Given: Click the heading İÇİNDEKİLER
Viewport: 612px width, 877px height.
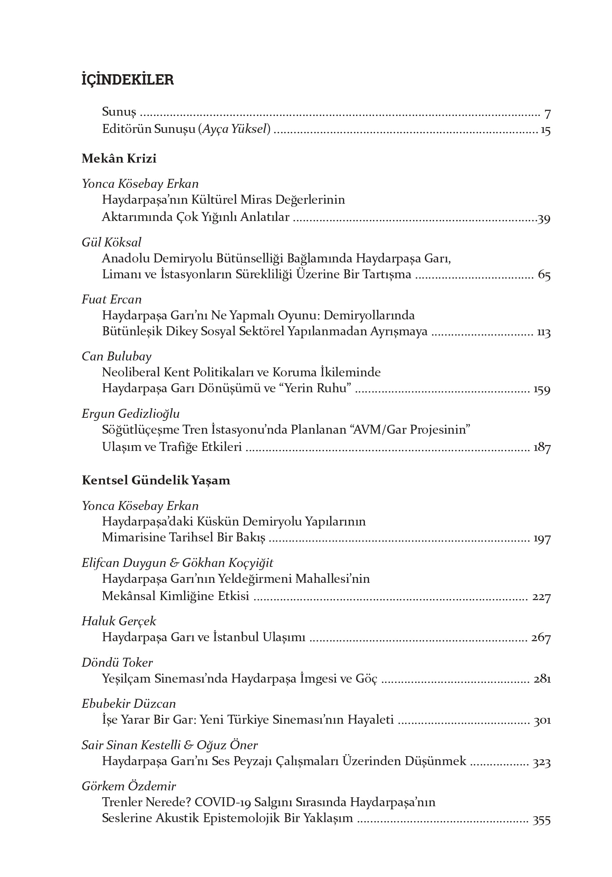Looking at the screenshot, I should [x=127, y=80].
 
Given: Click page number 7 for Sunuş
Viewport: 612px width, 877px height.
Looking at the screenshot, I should [x=547, y=114].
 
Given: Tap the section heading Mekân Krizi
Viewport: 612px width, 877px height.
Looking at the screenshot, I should [x=119, y=158].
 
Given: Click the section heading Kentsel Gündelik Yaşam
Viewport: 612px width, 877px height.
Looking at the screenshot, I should [x=156, y=480].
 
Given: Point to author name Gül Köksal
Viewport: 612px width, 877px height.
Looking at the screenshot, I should [x=111, y=242].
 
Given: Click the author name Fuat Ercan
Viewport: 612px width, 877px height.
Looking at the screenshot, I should [x=112, y=299].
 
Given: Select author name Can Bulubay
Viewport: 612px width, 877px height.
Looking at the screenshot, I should [x=116, y=356].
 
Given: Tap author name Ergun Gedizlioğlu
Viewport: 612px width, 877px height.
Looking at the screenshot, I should [x=131, y=413].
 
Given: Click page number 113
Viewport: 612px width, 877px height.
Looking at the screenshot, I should [x=543, y=332].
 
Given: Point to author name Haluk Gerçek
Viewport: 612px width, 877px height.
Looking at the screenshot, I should [x=119, y=621].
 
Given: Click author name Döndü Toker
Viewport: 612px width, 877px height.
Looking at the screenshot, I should [x=117, y=662].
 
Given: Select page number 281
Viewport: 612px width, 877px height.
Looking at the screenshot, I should [x=542, y=679].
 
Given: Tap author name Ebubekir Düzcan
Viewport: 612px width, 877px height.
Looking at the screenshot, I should [x=129, y=704].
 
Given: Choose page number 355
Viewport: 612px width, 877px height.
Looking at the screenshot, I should [x=541, y=820].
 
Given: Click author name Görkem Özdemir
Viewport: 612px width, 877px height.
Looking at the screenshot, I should [x=129, y=786].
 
